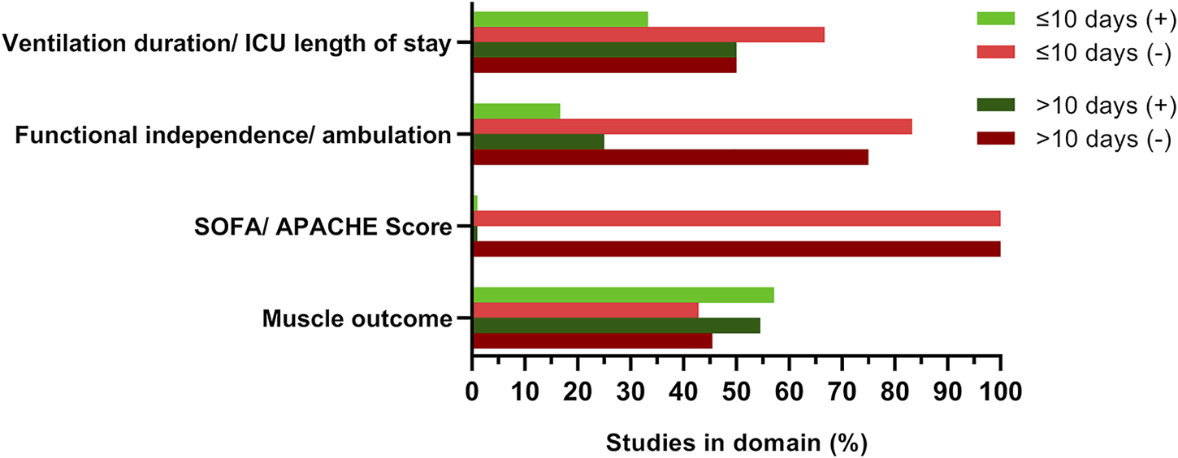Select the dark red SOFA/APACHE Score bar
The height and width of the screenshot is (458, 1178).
[x=736, y=249]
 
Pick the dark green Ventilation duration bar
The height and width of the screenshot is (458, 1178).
[x=604, y=50]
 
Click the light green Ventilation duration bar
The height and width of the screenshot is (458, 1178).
[x=561, y=19]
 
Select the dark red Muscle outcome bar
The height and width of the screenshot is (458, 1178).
[x=592, y=341]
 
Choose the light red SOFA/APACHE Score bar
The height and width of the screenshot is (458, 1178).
[x=736, y=218]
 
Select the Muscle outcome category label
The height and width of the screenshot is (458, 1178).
[x=357, y=319]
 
